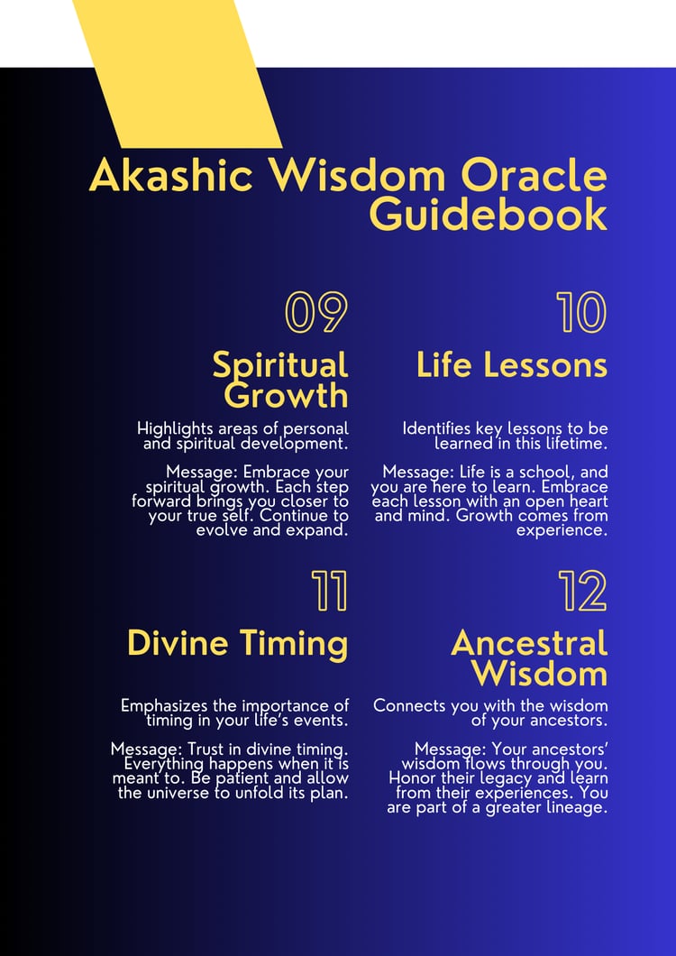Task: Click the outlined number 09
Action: coord(316,312)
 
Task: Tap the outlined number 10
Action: coord(580,312)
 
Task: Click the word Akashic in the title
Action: coord(170,176)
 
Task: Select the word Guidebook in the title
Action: coord(489,215)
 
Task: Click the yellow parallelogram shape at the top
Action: coord(178,73)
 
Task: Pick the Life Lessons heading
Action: coord(511,365)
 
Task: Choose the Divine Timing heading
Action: coord(238,644)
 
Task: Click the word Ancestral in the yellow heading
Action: coord(529,644)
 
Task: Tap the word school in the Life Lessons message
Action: coord(542,473)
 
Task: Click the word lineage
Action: coord(578,809)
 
